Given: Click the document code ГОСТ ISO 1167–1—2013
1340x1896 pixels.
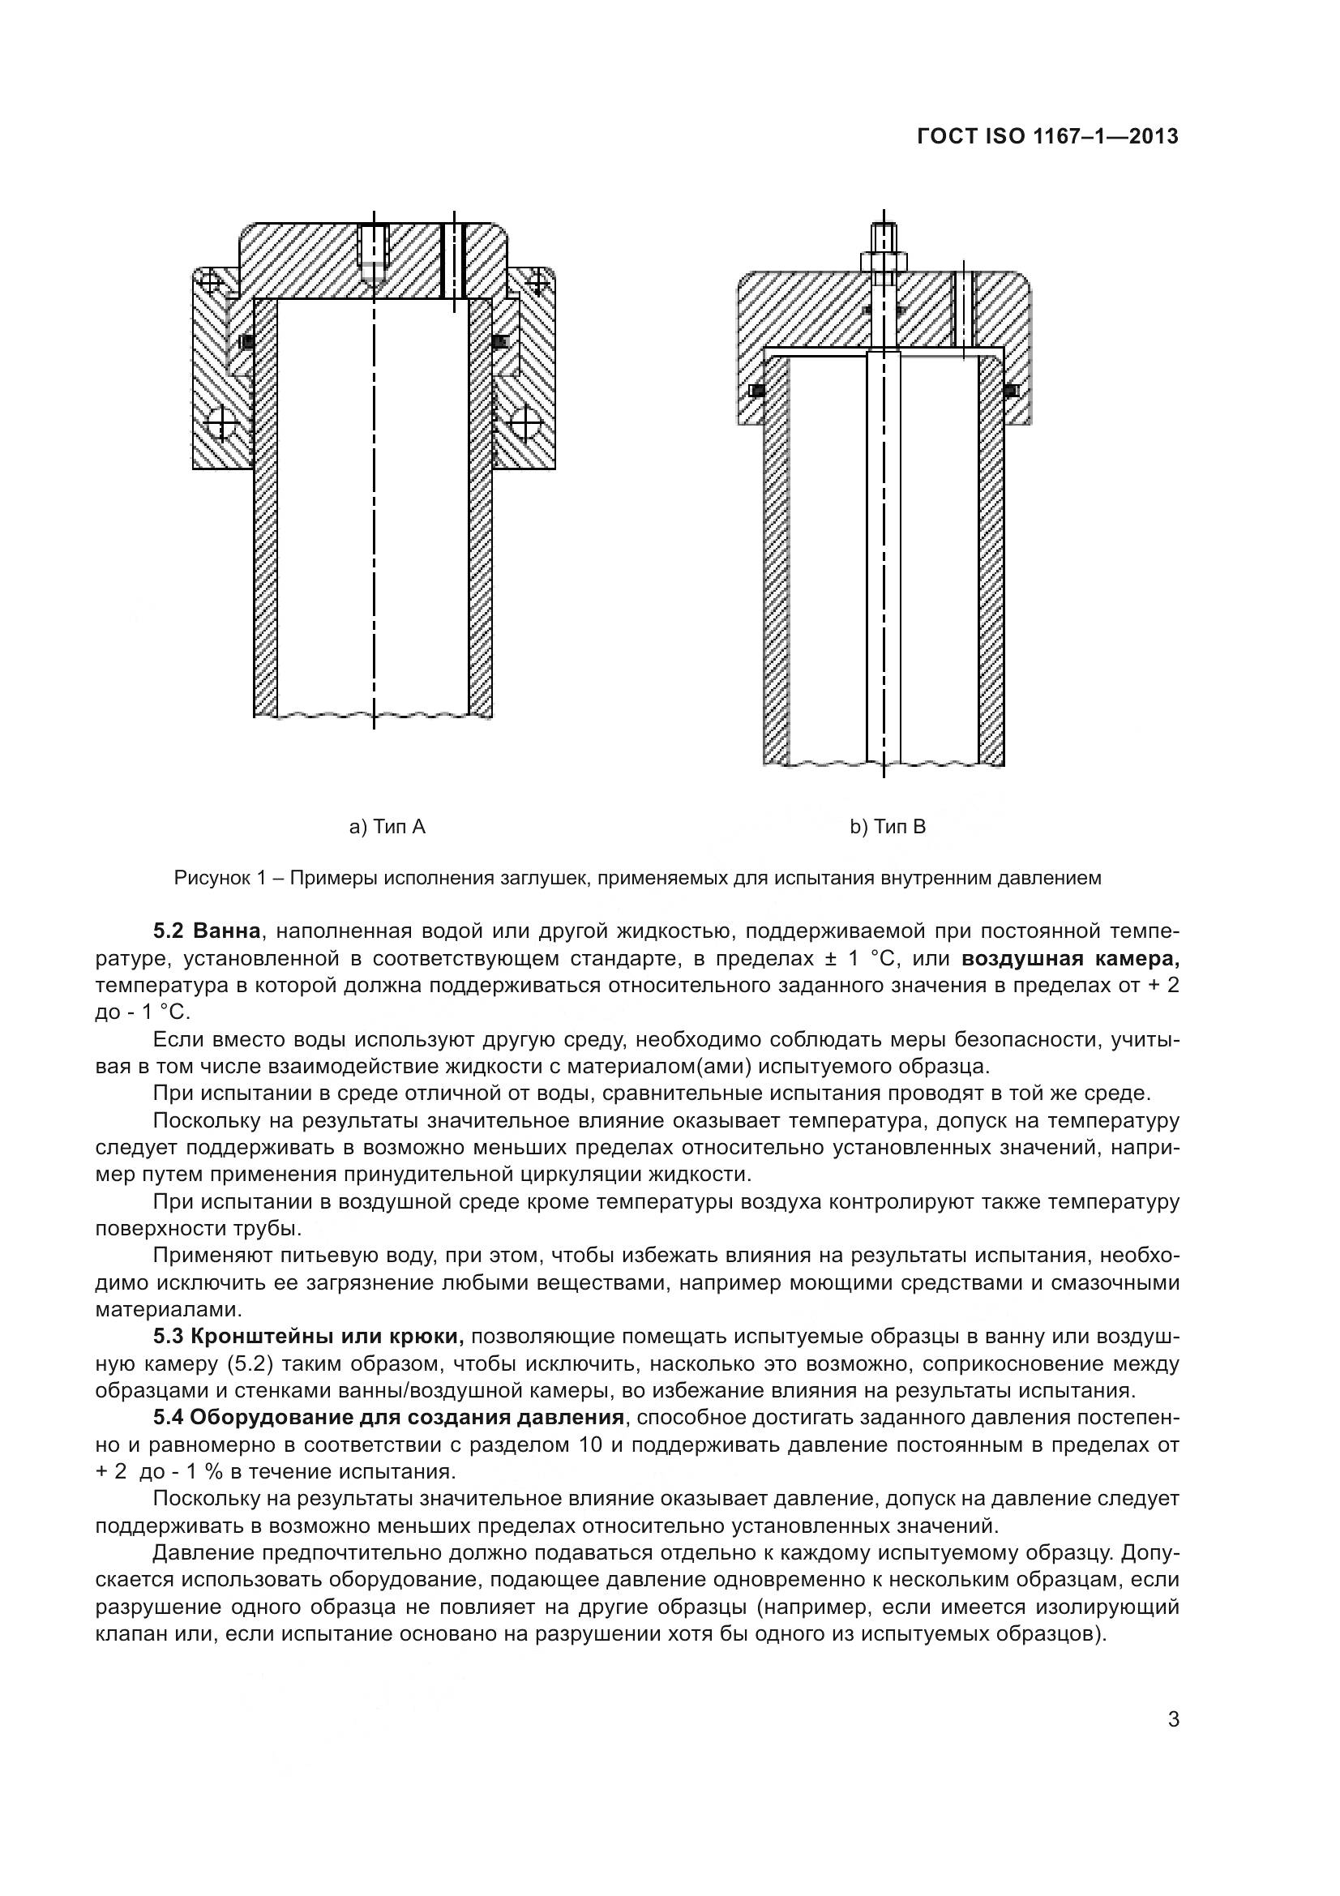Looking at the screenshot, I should [x=1047, y=137].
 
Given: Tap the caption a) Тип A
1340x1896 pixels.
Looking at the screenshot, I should [x=387, y=827].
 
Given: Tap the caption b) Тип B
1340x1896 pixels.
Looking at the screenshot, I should [x=888, y=827].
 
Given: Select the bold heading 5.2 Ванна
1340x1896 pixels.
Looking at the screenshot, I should [x=208, y=931].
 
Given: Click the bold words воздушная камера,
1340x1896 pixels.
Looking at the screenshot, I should [x=1070, y=959].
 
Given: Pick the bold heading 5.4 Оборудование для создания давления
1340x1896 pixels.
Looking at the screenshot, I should [x=388, y=1418].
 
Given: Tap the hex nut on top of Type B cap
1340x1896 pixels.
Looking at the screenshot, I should [x=884, y=261].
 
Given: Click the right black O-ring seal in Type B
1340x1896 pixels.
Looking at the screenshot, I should [x=1011, y=391].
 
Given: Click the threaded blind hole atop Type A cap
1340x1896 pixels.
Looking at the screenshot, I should [x=374, y=252].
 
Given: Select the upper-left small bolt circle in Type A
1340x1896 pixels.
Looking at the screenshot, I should [x=211, y=281].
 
